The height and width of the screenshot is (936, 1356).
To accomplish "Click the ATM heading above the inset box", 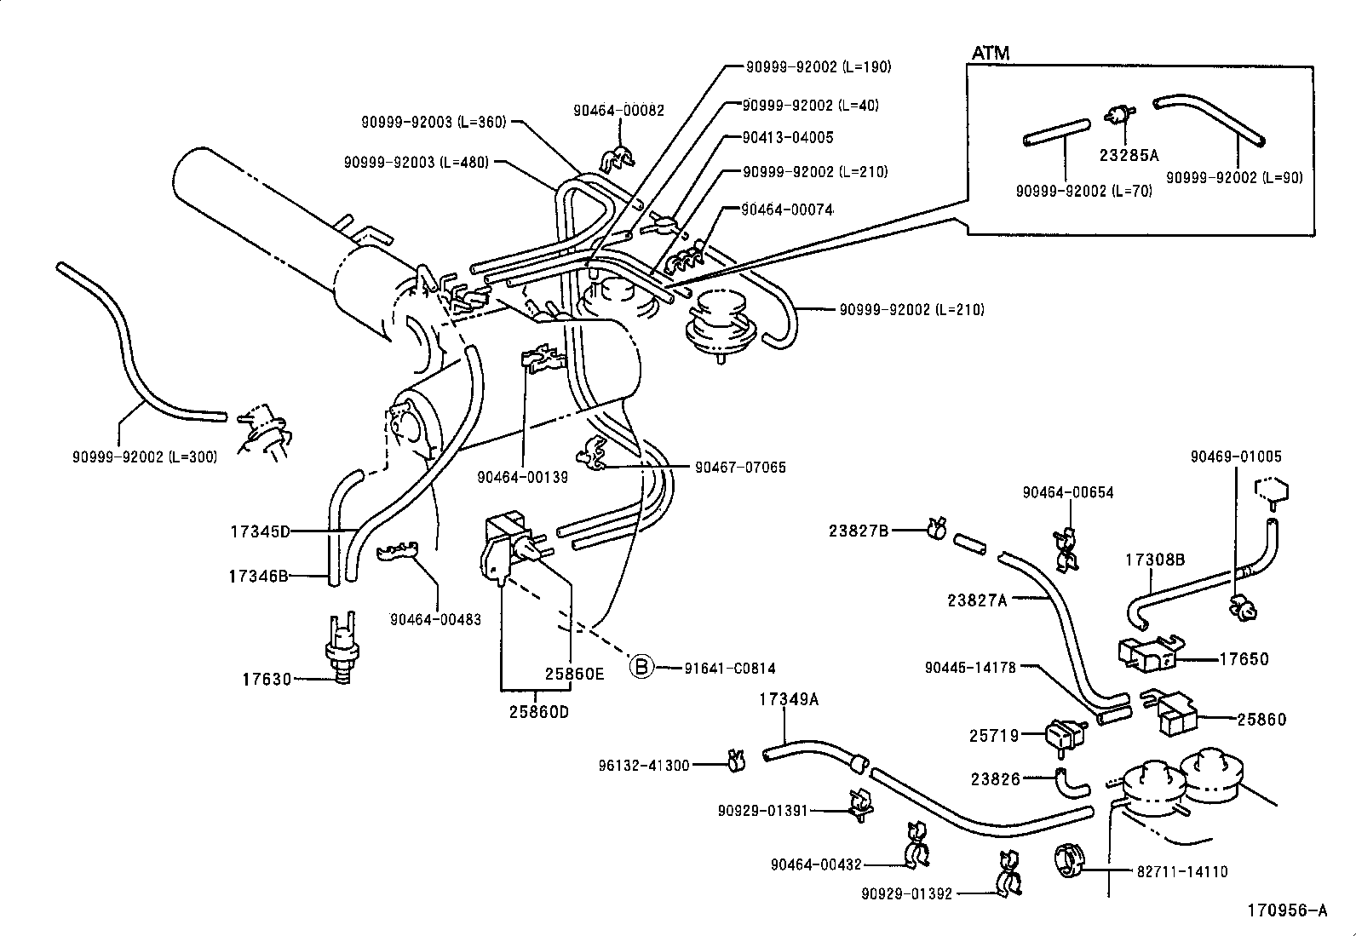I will coord(991,53).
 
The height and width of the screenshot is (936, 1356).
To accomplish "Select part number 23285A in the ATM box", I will coord(1129,155).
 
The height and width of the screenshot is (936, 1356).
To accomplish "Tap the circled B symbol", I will coord(641,667).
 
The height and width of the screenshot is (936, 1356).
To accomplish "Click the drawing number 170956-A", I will coord(1287,910).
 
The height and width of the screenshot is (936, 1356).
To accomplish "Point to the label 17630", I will coord(267,679).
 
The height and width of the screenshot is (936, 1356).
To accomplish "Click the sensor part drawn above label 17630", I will coord(342,648).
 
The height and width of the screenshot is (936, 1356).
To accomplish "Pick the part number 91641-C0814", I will coord(730,669).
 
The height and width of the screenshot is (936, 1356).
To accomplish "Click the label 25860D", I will coord(539,711).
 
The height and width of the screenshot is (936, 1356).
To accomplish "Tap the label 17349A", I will coord(789,699).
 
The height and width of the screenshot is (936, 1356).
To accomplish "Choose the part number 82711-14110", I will coord(1182,871).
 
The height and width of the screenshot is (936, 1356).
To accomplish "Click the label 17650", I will coord(1244,659).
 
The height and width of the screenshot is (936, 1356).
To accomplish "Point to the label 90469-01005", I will coord(1236,457).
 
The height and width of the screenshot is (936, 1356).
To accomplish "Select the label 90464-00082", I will coord(618,110).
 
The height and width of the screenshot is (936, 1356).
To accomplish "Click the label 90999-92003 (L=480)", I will coord(417,162).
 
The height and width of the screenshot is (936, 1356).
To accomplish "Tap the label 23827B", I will coord(859,531).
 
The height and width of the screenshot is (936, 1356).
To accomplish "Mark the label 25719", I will coord(994,735).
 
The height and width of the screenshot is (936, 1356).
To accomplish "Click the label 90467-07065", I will coord(740,467).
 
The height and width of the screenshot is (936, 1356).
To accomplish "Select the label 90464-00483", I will coord(435,619).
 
